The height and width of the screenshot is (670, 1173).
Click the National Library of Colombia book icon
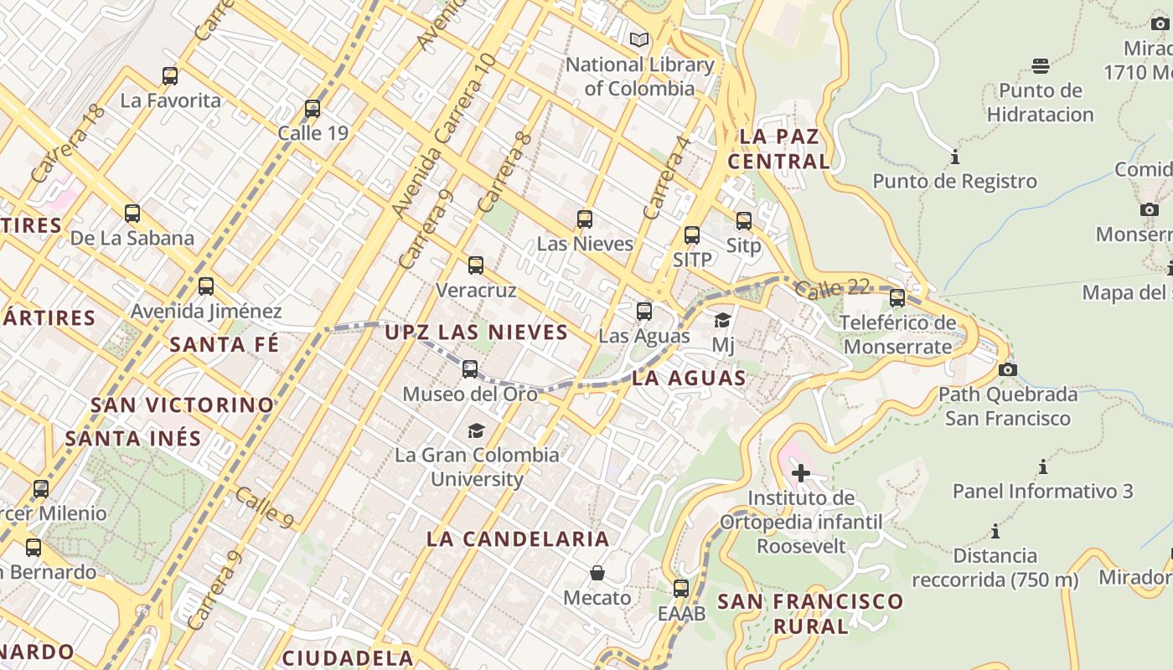(x=639, y=39)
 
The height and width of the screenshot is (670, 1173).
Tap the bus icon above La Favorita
(x=170, y=76)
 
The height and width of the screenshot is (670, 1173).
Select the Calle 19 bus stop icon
(x=313, y=108)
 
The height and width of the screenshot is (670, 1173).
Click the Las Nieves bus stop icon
(x=585, y=219)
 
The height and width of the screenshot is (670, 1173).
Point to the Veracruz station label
(x=476, y=291)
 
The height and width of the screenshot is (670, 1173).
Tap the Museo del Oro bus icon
(x=470, y=368)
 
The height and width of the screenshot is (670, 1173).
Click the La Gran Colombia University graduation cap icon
(x=476, y=430)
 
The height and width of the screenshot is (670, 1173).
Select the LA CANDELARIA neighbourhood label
(x=518, y=539)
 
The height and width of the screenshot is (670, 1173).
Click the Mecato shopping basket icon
(x=597, y=573)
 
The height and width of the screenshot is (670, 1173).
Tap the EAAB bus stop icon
(x=681, y=588)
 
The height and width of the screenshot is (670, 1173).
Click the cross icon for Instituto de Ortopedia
(x=801, y=473)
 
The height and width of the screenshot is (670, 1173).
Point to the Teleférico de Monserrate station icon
(x=897, y=297)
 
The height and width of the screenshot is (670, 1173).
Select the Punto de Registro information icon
(x=954, y=157)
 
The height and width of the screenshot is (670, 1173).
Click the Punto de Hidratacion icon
(x=1041, y=65)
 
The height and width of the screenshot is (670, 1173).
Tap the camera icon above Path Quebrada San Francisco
(x=1008, y=369)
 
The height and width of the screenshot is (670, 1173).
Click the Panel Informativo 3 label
(x=1042, y=491)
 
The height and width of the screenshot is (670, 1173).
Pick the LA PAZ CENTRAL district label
(x=778, y=148)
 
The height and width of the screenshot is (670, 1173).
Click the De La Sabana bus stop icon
(x=132, y=213)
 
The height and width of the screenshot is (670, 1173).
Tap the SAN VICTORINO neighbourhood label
(x=183, y=405)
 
